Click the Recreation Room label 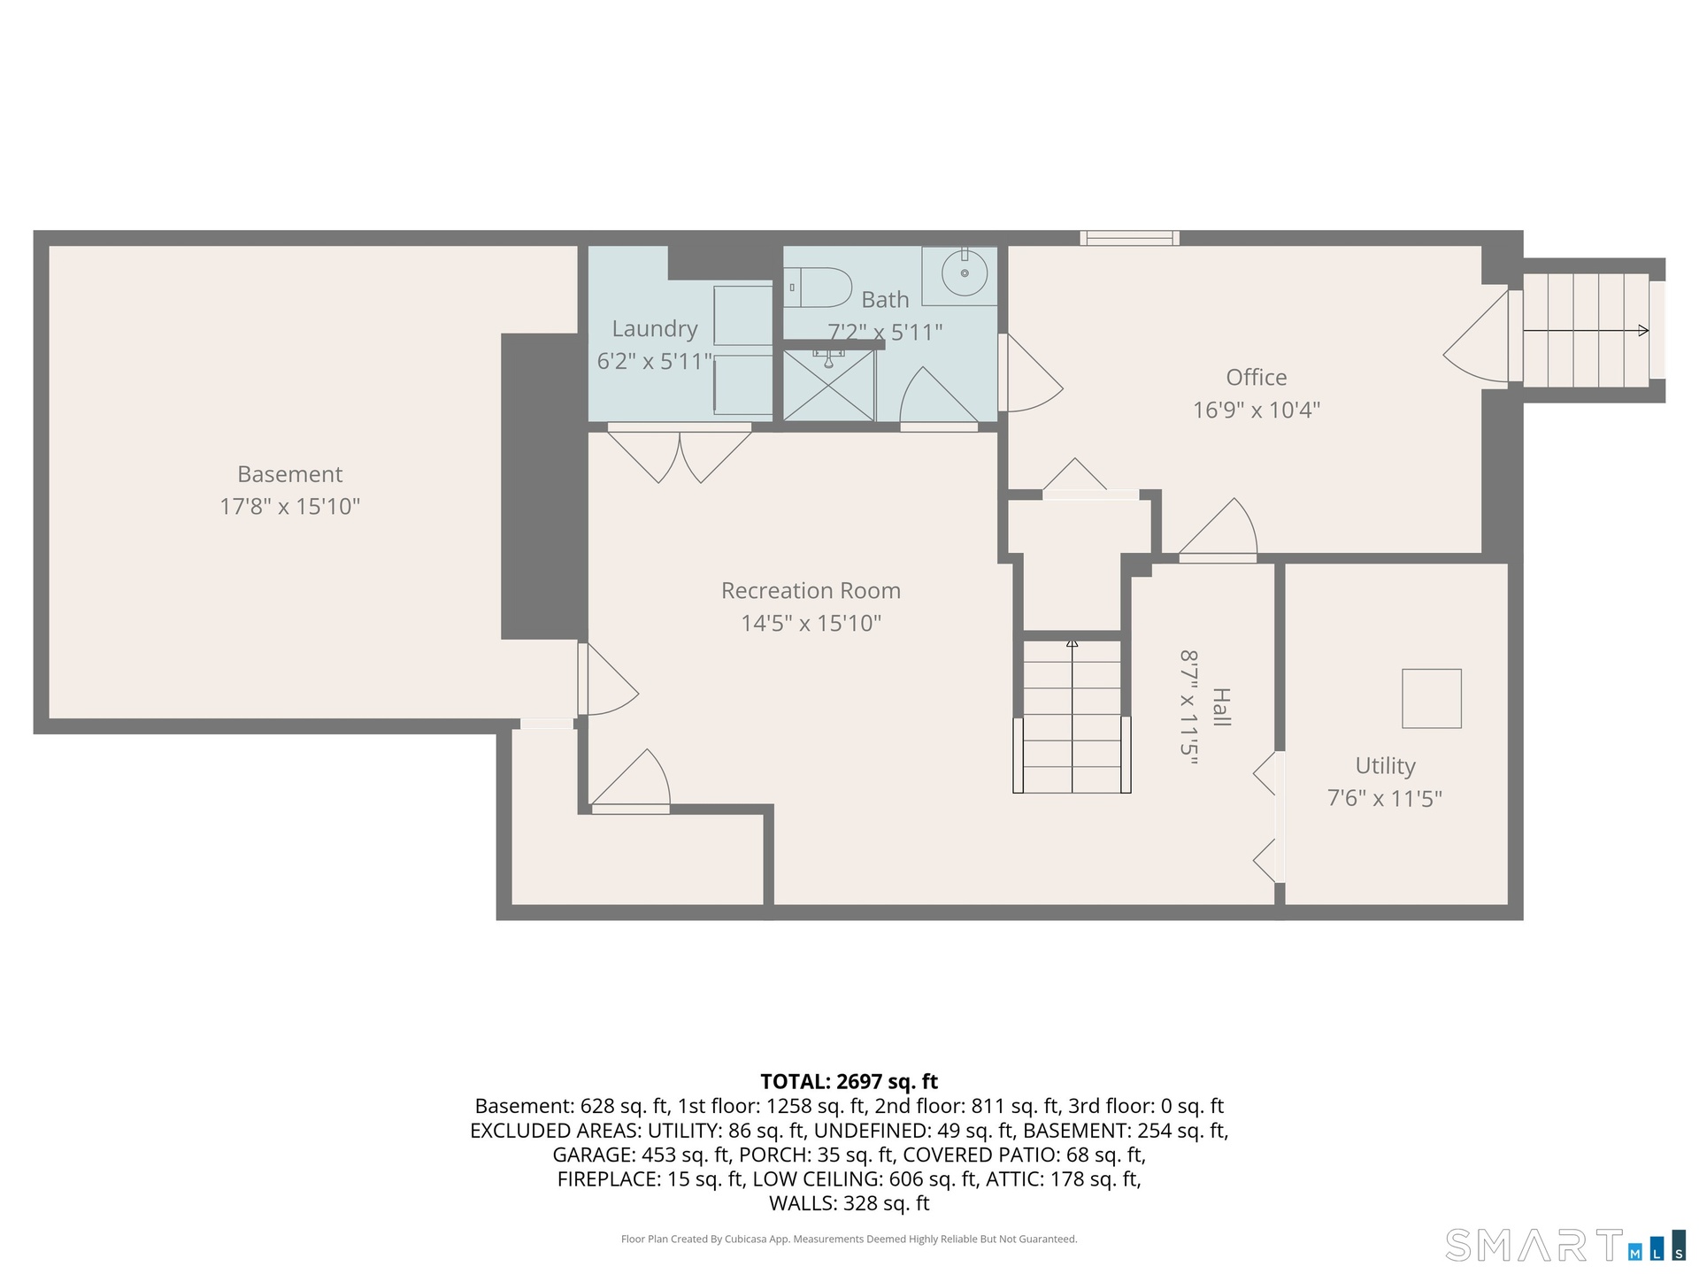(x=811, y=590)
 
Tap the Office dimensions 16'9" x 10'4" (x=1257, y=410)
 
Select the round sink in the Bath (x=964, y=273)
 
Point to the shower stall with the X (x=829, y=386)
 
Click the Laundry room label (x=655, y=329)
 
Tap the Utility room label (x=1385, y=766)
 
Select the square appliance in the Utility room (x=1432, y=698)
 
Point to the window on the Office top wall (x=1129, y=238)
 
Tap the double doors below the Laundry (x=680, y=453)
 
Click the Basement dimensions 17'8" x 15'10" (x=290, y=507)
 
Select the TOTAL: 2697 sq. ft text (x=849, y=1081)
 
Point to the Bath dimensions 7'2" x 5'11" (x=885, y=333)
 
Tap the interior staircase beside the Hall (x=1072, y=716)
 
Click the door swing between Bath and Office (x=1031, y=372)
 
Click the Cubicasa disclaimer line (x=849, y=1239)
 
